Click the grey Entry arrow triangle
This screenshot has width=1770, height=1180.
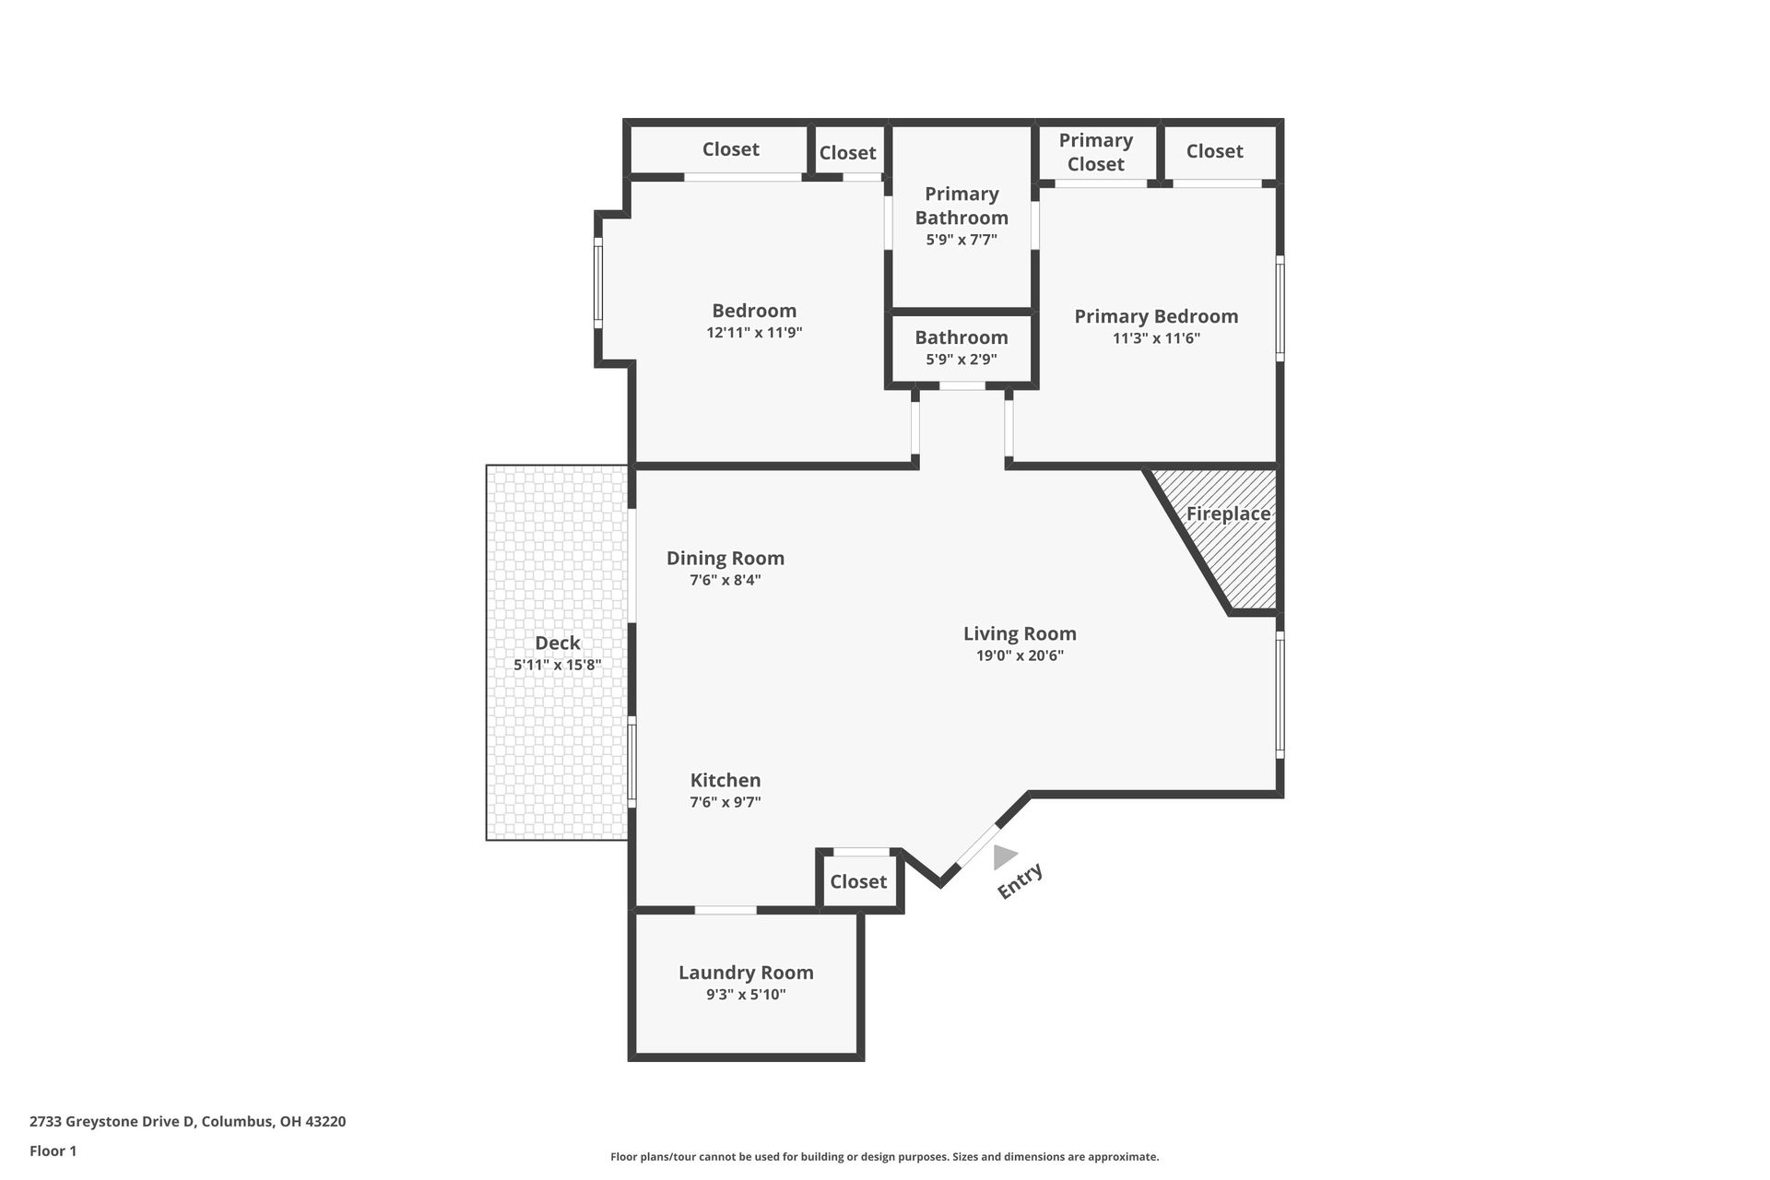pos(1003,857)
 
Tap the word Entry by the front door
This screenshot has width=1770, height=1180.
pos(1021,880)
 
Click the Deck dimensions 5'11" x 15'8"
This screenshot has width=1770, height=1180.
pos(558,665)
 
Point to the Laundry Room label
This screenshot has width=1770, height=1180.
pos(746,973)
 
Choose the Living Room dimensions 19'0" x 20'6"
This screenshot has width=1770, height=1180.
pos(1020,655)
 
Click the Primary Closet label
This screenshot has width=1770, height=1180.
pos(1095,152)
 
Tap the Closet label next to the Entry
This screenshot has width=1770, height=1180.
pos(858,881)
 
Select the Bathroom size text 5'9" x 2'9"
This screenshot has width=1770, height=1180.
pos(962,360)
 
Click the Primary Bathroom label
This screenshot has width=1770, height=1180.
pos(962,206)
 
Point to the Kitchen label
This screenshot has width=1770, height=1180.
pos(726,780)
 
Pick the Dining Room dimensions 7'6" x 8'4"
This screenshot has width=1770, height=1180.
pos(726,580)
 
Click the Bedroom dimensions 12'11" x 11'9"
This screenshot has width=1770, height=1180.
pos(754,333)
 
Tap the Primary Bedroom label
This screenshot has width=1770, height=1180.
pos(1156,316)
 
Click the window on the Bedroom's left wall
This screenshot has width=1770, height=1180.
pos(598,282)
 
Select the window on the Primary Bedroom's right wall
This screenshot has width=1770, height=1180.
pos(1280,307)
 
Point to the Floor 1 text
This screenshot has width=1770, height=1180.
pos(53,1150)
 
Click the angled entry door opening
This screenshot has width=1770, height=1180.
pos(976,846)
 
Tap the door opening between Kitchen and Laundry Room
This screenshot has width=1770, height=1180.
pos(726,910)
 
